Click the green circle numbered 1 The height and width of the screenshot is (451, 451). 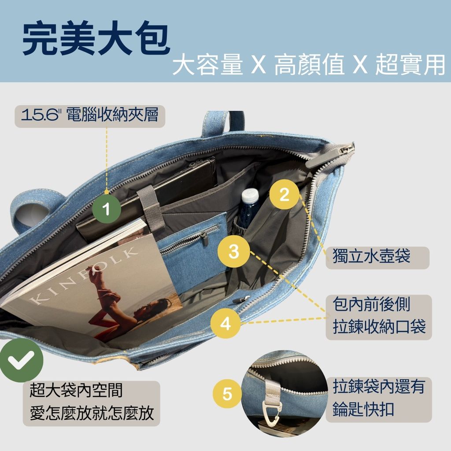pyautogui.click(x=107, y=209)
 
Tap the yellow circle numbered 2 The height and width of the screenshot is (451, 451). pyautogui.click(x=284, y=195)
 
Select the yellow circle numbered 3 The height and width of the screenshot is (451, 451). pyautogui.click(x=234, y=251)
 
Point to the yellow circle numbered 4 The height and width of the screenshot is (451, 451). pyautogui.click(x=225, y=323)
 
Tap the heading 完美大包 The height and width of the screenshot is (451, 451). pyautogui.click(x=96, y=38)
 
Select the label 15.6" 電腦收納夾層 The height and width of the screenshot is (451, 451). pyautogui.click(x=90, y=115)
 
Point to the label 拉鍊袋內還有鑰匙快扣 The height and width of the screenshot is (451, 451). pyautogui.click(x=378, y=398)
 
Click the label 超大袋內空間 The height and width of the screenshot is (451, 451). pyautogui.click(x=76, y=390)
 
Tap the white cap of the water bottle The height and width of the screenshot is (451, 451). pyautogui.click(x=250, y=196)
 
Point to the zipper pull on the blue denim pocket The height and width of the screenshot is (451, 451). pyautogui.click(x=204, y=238)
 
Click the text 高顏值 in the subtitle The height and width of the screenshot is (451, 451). pyautogui.click(x=310, y=65)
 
